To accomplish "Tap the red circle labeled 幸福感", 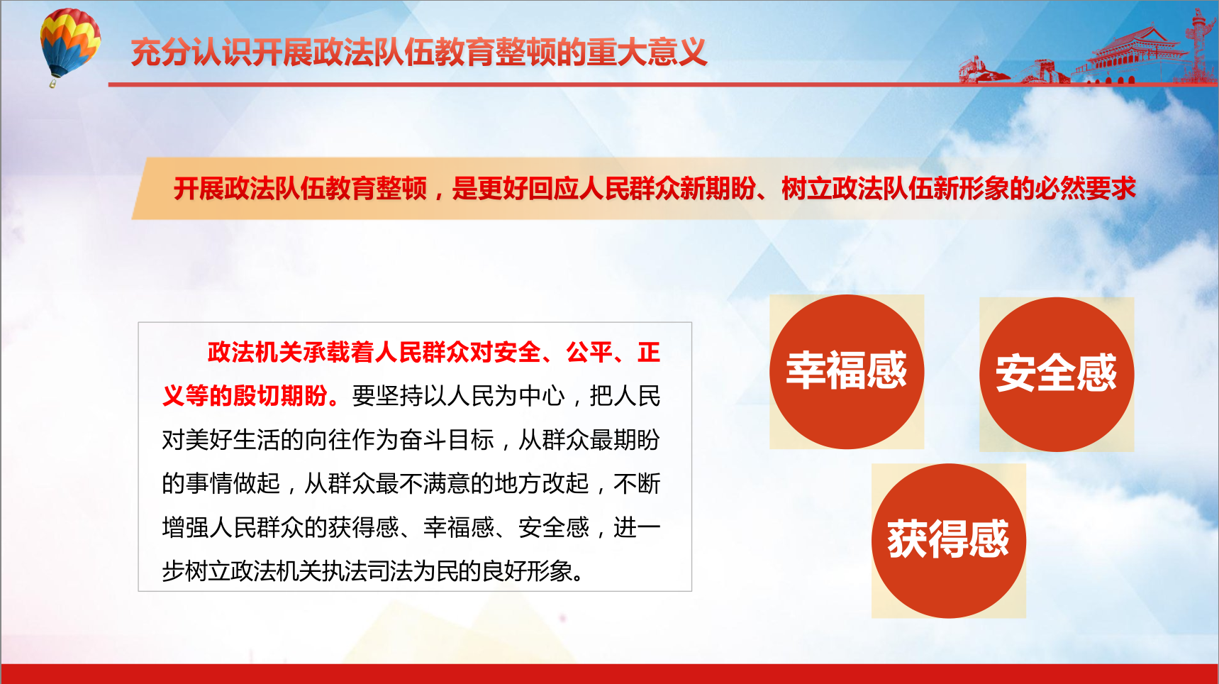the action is tap(847, 372).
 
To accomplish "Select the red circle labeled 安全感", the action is tap(1057, 375).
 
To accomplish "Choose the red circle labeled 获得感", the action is tap(949, 541).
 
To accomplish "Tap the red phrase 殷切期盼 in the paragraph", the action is tap(281, 396).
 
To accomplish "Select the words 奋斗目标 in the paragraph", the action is tap(447, 440).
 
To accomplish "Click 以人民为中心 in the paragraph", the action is tap(494, 396).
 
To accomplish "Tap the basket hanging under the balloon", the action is tap(52, 84).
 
